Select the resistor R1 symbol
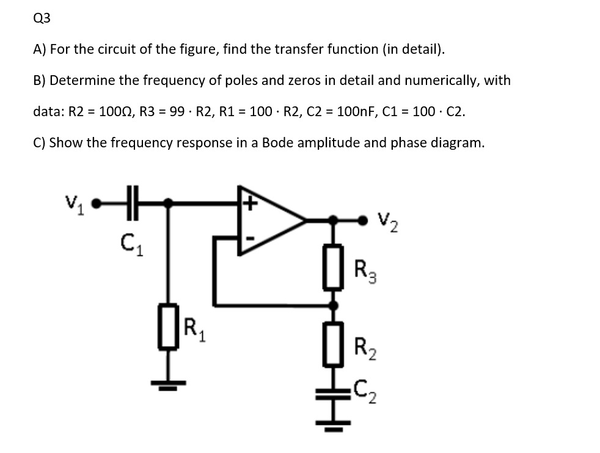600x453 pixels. pos(170,326)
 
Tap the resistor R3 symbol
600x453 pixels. pos(333,266)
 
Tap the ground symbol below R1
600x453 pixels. pos(170,385)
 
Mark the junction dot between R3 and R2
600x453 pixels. pos(333,304)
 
